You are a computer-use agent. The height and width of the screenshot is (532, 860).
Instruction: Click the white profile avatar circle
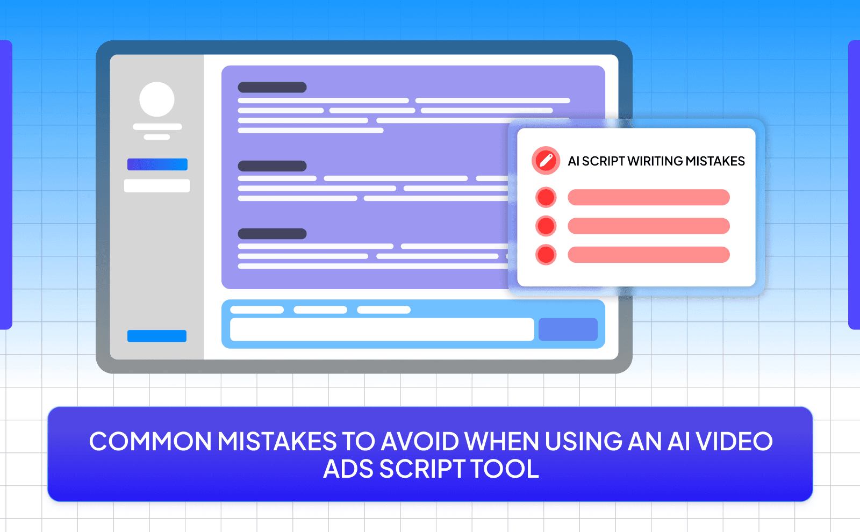click(157, 99)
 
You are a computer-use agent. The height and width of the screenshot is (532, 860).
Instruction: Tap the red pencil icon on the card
click(546, 161)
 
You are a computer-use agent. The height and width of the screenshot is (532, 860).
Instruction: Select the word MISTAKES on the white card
click(715, 161)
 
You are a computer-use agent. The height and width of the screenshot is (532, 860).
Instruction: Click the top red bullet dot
click(546, 197)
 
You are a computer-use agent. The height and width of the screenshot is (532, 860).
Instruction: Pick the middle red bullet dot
click(546, 226)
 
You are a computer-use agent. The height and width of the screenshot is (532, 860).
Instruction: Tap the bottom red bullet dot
click(546, 255)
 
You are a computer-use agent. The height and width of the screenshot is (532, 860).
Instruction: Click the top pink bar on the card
click(648, 197)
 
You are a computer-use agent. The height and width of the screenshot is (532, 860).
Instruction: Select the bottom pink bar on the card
click(648, 255)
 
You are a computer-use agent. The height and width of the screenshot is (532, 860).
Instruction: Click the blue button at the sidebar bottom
click(157, 336)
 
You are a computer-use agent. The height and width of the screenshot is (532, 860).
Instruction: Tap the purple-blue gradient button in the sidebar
click(157, 164)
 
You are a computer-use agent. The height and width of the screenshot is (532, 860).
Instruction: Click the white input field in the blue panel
click(382, 329)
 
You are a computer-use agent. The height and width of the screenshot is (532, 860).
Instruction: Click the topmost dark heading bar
click(272, 87)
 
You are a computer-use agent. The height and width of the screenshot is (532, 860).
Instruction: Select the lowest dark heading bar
click(272, 234)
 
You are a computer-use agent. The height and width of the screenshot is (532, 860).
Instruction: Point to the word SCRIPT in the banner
click(422, 469)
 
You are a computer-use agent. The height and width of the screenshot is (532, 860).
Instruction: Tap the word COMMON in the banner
click(150, 442)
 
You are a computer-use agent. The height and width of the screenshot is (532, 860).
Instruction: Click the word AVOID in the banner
click(419, 442)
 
